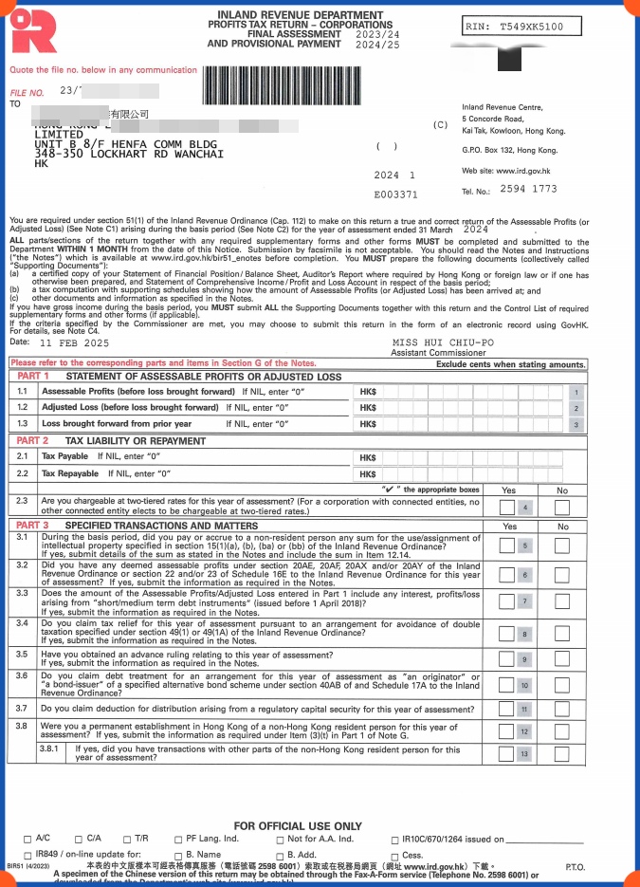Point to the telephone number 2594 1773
(529, 190)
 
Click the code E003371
(395, 194)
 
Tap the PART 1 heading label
(33, 377)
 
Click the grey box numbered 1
(576, 392)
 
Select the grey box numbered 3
(576, 424)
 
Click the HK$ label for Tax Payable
(369, 457)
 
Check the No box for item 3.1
(562, 545)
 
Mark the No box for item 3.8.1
(562, 754)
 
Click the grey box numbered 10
(524, 685)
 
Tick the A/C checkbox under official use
(27, 840)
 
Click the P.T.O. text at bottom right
(575, 867)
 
